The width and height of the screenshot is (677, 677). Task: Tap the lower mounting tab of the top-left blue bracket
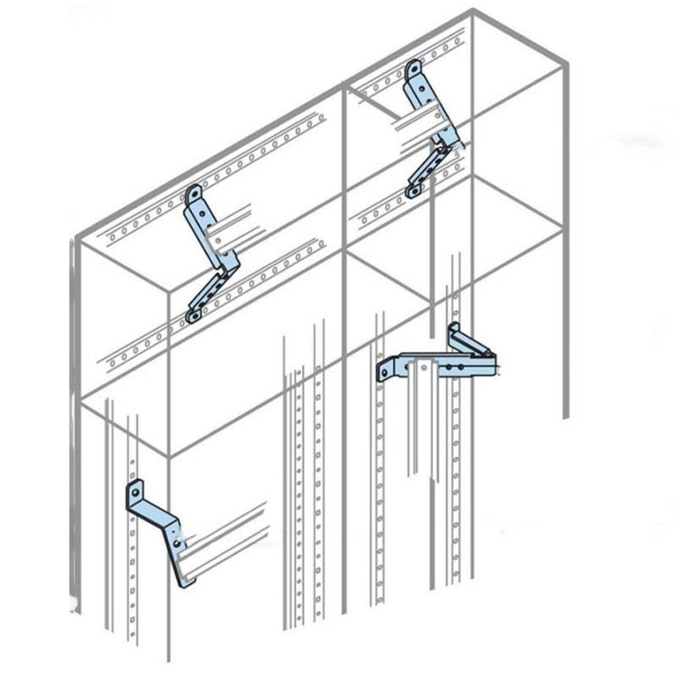click(194, 316)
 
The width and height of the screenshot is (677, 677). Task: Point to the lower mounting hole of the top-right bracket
click(412, 193)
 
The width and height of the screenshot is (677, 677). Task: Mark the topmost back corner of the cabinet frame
click(472, 11)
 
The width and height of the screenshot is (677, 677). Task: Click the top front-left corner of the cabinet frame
click(75, 239)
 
